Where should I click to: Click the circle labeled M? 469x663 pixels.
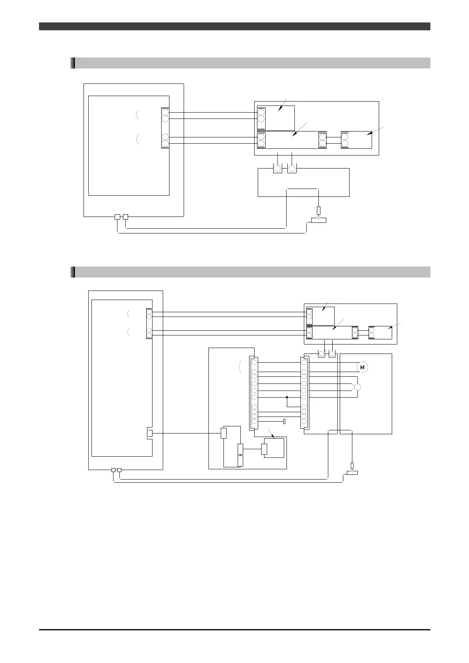click(362, 367)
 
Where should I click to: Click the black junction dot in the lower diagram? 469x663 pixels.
click(287, 397)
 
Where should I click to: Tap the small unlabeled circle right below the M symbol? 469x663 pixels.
click(357, 387)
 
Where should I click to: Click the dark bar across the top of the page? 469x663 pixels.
click(234, 26)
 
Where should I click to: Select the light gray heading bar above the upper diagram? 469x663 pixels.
click(250, 63)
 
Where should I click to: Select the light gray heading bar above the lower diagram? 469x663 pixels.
click(250, 272)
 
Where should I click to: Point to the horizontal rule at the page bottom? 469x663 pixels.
click(234, 630)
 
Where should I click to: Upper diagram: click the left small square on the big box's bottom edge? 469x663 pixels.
click(117, 217)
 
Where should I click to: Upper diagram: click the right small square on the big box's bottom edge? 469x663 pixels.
click(125, 217)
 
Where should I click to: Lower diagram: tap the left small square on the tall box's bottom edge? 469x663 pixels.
click(114, 470)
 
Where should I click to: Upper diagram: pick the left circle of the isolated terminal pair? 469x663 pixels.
click(277, 169)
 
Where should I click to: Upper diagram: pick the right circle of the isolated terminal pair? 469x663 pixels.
click(292, 169)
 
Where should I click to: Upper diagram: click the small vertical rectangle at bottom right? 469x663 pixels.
click(318, 211)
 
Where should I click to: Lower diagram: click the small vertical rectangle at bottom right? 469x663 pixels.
click(352, 466)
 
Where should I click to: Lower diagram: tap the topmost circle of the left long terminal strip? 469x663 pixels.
click(254, 362)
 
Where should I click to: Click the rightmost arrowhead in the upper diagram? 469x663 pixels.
click(369, 133)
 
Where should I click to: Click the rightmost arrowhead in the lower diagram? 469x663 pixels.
click(390, 328)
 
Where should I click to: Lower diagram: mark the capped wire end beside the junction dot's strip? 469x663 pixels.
click(284, 422)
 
